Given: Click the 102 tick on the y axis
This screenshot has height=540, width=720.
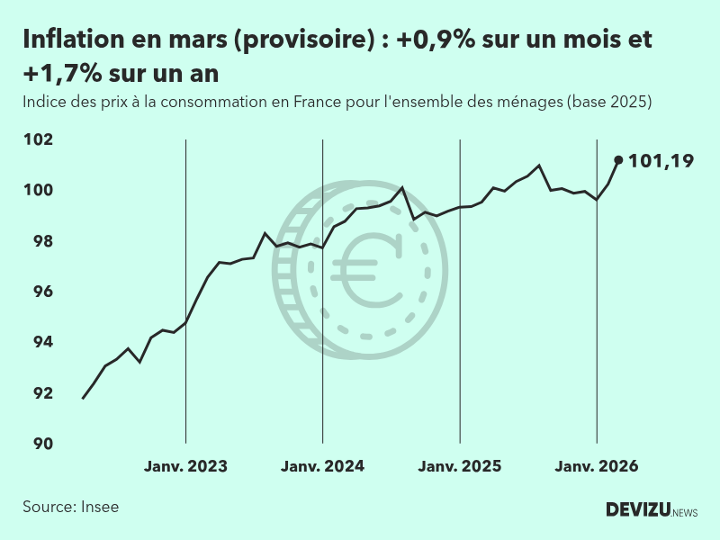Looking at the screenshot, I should [39, 139].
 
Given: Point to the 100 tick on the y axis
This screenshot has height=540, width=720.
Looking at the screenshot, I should [39, 190].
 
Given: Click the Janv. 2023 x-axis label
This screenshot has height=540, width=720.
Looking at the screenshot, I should [185, 466].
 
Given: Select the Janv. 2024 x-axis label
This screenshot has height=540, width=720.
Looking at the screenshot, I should [322, 466].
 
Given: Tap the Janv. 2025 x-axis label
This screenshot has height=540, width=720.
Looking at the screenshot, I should [460, 466].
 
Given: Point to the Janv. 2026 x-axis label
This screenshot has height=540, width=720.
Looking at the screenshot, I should [597, 466].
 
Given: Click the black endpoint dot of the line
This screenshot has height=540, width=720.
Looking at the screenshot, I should [618, 160].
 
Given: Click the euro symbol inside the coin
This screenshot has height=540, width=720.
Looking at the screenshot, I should [366, 267].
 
